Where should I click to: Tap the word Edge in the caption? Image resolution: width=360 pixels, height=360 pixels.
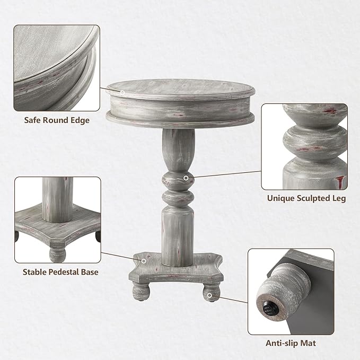[x=79, y=120]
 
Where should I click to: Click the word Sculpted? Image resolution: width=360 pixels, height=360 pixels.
[x=311, y=199]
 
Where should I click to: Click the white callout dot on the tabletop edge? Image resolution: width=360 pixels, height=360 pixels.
[x=122, y=93]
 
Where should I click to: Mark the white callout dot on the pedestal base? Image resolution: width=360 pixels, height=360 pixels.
[x=144, y=261]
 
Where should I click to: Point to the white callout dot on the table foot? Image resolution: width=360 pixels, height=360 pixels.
[x=210, y=295]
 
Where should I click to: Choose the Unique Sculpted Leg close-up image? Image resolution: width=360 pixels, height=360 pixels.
[x=304, y=146]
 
